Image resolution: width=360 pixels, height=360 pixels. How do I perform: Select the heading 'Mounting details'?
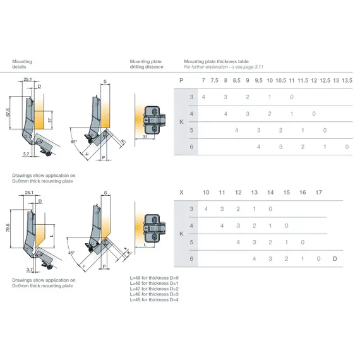point(22,64)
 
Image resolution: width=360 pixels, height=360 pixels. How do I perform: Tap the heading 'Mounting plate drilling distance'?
point(147,64)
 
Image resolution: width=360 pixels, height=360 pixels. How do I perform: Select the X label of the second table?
point(181,192)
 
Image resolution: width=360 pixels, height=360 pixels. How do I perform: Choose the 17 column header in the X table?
point(319,192)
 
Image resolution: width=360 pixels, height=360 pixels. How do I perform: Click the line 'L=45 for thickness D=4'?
point(154,299)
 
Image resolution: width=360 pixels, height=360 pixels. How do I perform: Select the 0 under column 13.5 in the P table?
point(347,147)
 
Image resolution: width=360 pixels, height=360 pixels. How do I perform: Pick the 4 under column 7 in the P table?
point(203,97)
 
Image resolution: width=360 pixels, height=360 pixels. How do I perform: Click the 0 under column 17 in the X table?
point(319,258)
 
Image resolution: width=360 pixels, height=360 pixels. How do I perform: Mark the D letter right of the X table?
point(335,258)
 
